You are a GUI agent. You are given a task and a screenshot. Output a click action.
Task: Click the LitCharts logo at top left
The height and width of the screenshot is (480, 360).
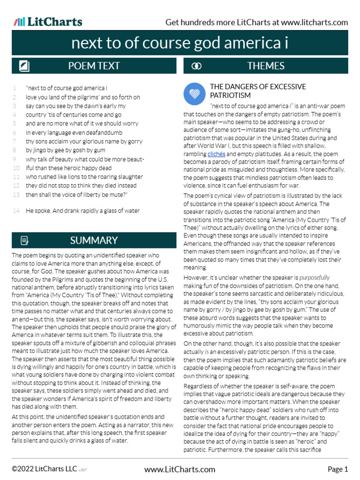point(48,22)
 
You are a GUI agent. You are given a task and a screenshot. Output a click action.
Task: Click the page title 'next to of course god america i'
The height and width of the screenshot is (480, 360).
point(180,44)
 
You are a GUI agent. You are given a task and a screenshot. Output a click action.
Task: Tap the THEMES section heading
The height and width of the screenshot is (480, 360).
point(266,66)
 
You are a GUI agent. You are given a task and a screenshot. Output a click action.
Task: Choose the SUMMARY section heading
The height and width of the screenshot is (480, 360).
point(94,240)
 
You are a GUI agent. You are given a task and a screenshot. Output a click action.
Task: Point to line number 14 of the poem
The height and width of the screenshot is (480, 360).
point(16,211)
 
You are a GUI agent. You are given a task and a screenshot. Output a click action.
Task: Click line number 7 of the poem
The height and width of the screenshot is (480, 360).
point(15,142)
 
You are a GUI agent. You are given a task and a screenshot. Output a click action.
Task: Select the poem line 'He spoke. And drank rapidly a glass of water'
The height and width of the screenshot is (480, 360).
point(82,211)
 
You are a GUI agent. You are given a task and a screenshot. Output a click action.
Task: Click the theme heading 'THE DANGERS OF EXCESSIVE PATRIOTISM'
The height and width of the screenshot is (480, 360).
point(258,91)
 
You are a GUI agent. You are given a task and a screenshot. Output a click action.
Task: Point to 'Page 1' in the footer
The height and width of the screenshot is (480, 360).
point(337,469)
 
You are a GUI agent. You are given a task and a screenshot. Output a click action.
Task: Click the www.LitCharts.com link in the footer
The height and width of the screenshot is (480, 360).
point(180,469)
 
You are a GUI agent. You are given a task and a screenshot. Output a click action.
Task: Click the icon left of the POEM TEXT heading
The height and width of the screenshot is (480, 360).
point(24,66)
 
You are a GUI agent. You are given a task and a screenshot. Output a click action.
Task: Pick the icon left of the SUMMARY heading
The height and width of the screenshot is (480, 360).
point(24,241)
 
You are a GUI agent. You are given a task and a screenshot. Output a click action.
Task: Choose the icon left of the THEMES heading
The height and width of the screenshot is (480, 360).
point(197,66)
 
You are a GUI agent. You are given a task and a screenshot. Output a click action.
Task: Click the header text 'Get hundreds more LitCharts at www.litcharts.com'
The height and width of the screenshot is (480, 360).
point(257,22)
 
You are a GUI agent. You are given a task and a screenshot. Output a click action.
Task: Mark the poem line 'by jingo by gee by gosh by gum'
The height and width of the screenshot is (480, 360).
point(66,150)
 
